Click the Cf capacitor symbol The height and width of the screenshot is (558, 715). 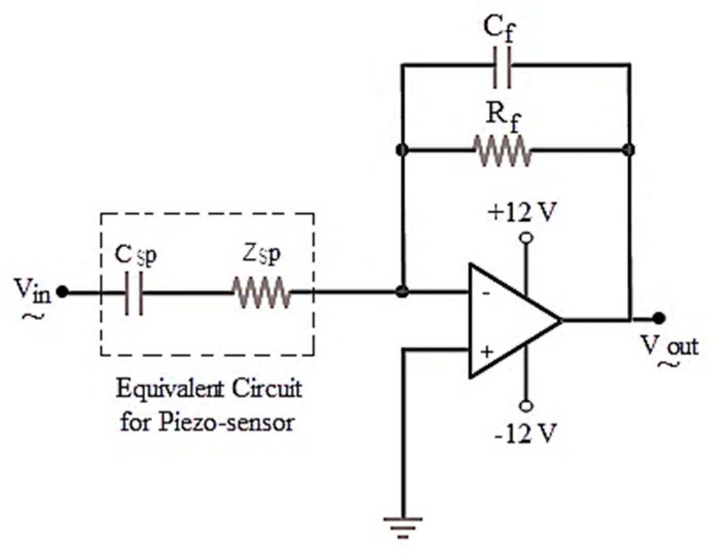(x=502, y=66)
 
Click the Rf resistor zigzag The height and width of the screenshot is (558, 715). (x=502, y=150)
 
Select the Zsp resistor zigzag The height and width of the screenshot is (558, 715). (x=262, y=293)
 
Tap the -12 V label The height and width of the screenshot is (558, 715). (x=525, y=434)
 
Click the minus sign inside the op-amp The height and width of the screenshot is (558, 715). (x=486, y=293)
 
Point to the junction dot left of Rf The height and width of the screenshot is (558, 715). (x=403, y=150)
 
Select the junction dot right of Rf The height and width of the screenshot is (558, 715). (x=628, y=150)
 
